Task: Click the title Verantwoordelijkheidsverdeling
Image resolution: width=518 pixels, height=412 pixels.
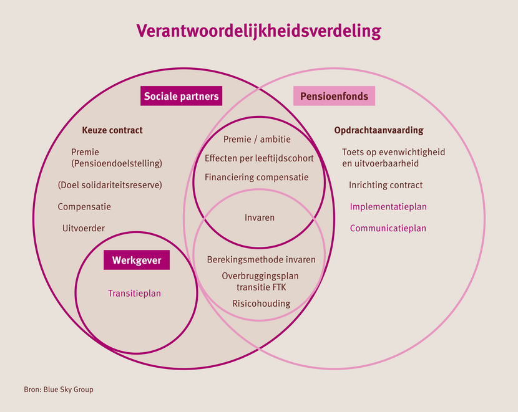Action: coord(258,31)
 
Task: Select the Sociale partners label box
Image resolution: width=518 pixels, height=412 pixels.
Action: coord(182,96)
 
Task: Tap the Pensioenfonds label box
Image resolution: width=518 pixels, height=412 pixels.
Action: coord(334,96)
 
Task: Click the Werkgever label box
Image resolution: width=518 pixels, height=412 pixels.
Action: coord(137,260)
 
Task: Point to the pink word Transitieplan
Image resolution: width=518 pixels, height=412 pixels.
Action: coord(134,293)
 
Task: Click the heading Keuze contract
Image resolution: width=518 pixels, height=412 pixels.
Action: coord(112,130)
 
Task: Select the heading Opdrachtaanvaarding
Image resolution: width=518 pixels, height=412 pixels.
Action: coord(379,130)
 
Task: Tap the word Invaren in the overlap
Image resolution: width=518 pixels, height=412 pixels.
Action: coord(260,218)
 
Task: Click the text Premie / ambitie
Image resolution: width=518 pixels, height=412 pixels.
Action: coord(257,140)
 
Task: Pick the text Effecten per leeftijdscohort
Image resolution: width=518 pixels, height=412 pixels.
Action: coord(259,158)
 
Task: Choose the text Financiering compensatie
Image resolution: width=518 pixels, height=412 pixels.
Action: coord(257,178)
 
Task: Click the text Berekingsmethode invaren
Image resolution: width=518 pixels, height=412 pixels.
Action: coord(261,259)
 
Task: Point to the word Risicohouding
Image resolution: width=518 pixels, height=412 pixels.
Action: coord(261,304)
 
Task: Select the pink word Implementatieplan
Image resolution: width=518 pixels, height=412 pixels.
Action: coord(388,207)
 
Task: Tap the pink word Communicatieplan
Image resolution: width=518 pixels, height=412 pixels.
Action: coord(388,228)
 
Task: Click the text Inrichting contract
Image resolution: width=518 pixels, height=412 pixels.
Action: coord(386,185)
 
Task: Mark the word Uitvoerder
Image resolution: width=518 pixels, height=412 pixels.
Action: coord(84,228)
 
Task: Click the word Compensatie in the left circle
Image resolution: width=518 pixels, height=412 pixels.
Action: coord(84,207)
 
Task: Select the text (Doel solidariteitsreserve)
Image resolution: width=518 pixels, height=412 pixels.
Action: coord(110,185)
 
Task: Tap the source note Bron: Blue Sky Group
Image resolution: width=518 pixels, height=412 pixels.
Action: coord(59,390)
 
